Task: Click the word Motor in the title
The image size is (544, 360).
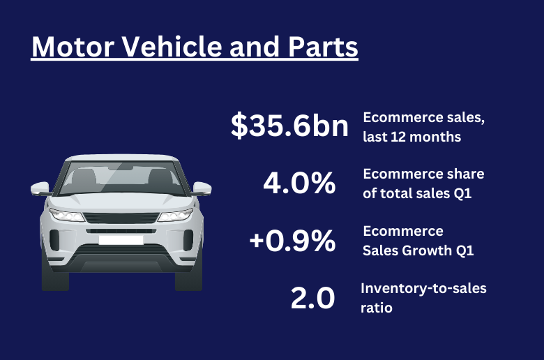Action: coord(73,47)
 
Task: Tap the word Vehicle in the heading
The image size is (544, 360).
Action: coord(172,47)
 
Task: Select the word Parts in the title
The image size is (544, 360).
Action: coord(323,47)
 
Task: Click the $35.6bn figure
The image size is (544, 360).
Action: coord(289,126)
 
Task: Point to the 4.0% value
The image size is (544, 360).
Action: coord(299,183)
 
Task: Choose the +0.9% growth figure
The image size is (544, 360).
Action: coord(292,240)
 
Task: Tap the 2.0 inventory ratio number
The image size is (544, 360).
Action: coord(312,298)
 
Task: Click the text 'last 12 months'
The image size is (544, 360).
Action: coord(411,137)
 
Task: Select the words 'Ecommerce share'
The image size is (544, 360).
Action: coord(423,174)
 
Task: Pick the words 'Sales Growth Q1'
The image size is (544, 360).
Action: coord(418,250)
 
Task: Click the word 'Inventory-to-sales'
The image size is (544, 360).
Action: coord(423,288)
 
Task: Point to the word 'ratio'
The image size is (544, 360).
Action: coord(377,308)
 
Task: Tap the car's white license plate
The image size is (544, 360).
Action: coord(121,240)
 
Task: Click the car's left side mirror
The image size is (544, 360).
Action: coord(40,188)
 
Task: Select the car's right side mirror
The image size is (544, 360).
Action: coord(202,188)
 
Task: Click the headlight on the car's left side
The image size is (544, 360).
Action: coord(67,215)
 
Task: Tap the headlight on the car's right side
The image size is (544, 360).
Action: coord(176,215)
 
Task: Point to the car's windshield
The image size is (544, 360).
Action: coord(121,178)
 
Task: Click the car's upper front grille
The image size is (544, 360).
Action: coord(121,218)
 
